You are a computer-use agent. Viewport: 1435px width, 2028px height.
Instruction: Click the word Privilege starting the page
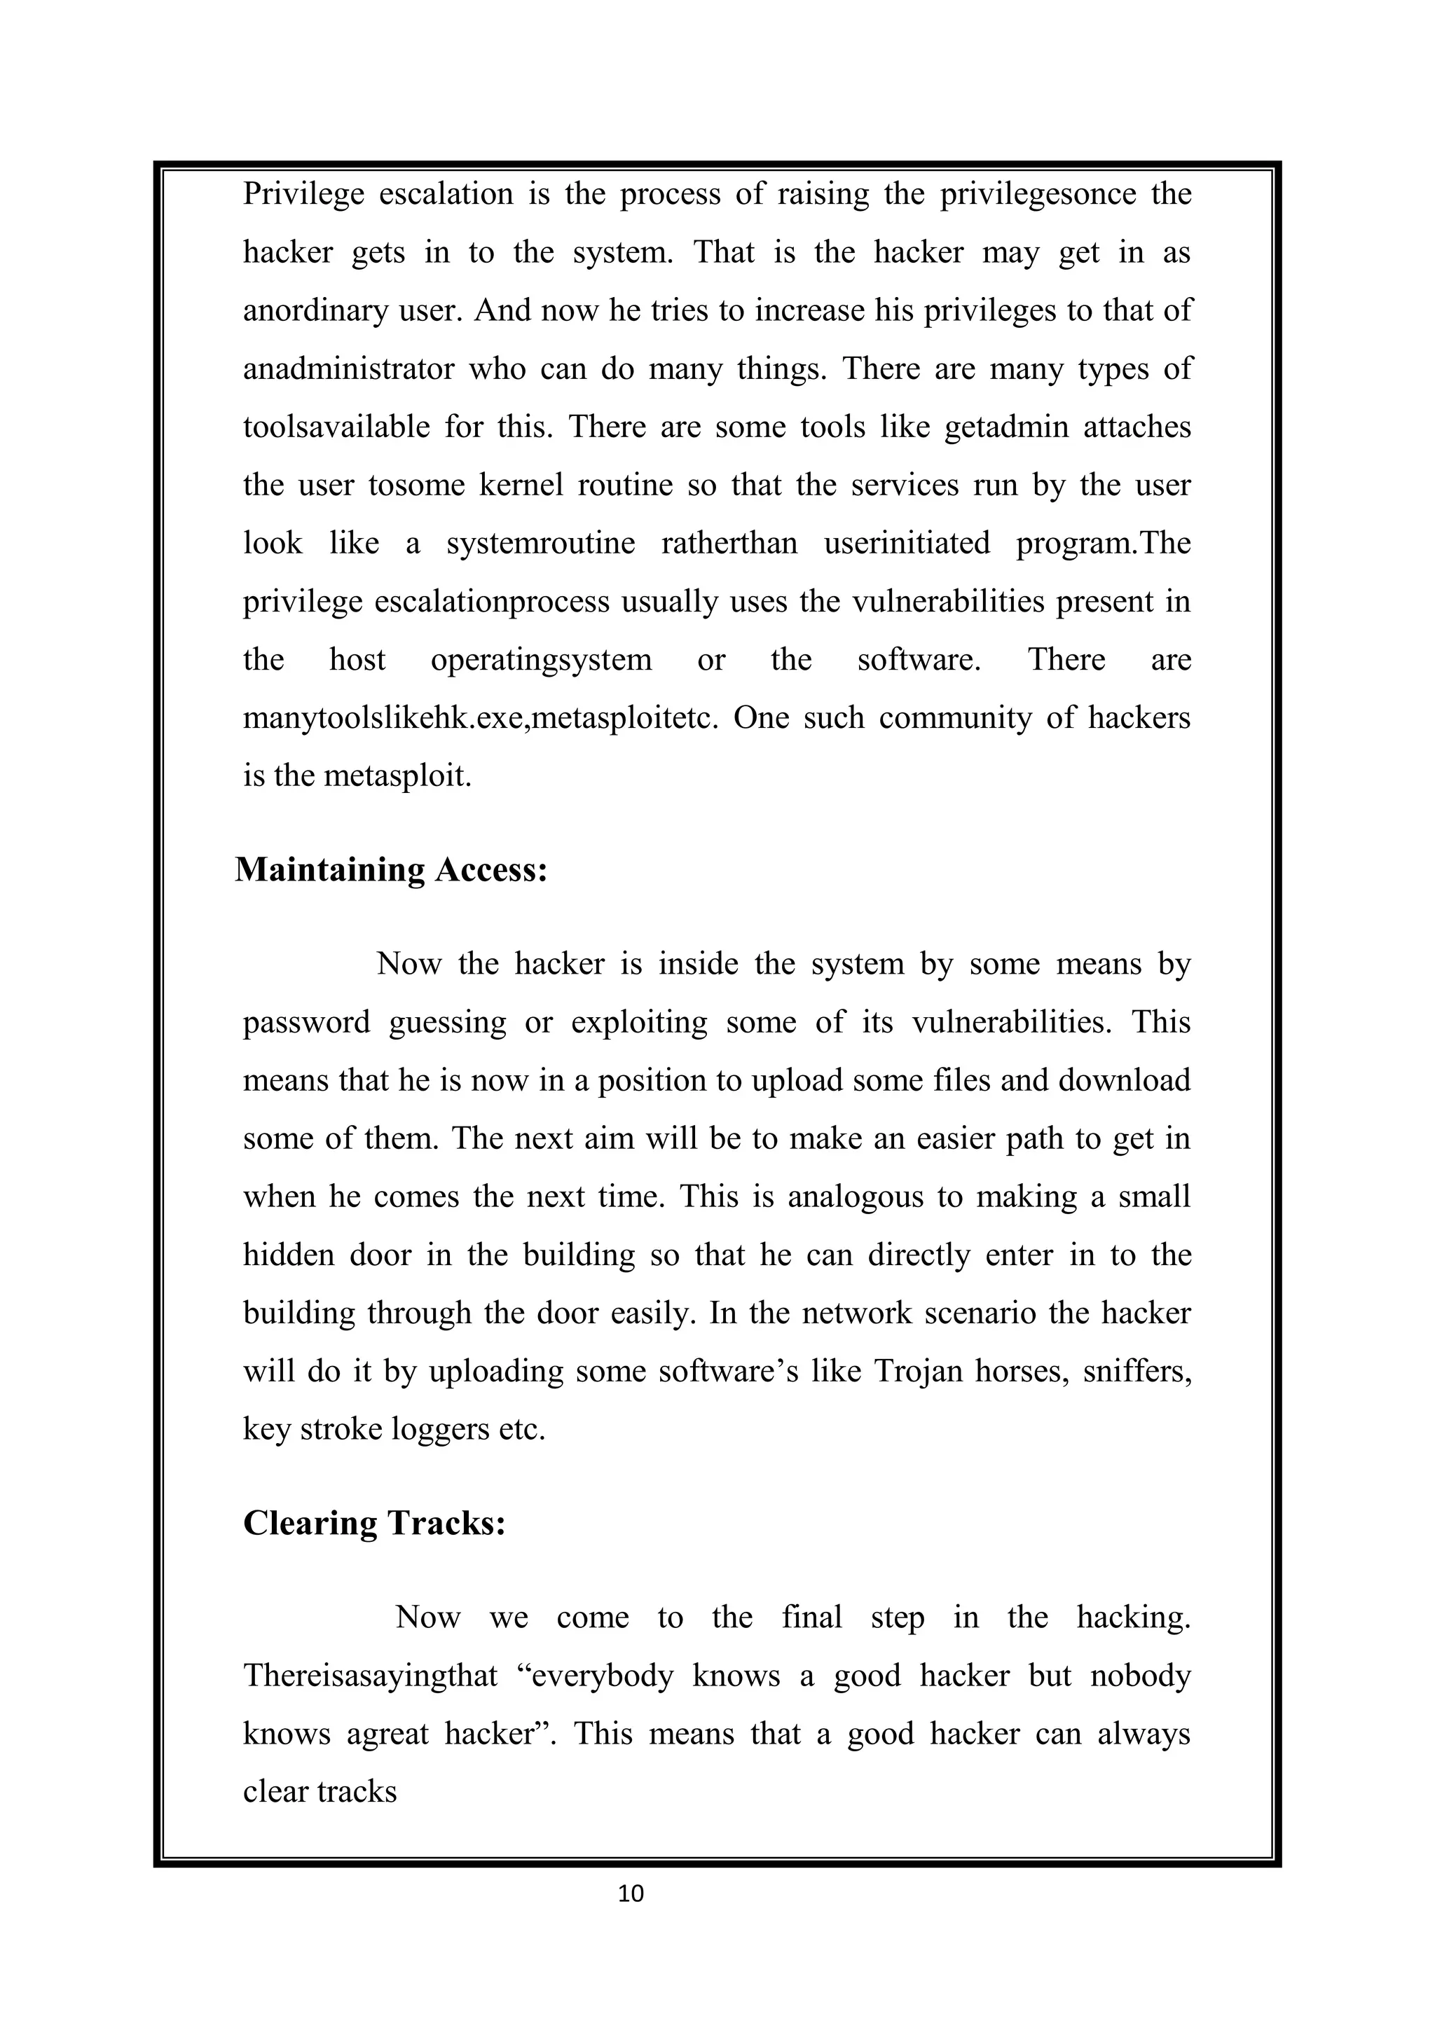tap(303, 194)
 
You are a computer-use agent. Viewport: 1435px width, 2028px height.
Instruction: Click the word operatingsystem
tap(541, 660)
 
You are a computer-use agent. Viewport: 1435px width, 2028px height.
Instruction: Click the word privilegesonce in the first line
tap(1038, 194)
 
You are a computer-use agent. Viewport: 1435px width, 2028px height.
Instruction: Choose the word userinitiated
tap(907, 543)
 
